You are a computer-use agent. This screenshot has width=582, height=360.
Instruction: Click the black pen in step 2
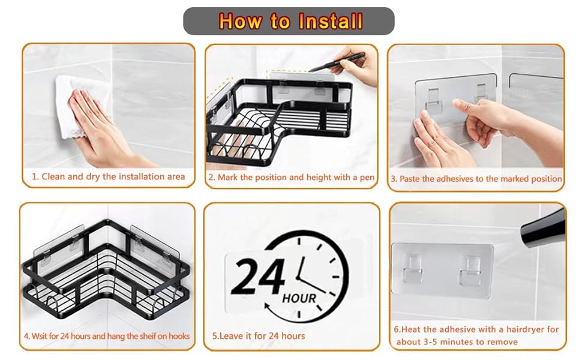click(x=337, y=62)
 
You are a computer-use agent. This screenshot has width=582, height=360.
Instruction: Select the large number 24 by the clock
click(x=258, y=277)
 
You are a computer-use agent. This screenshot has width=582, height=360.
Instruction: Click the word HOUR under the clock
click(x=299, y=298)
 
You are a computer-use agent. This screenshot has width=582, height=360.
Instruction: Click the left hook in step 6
click(x=413, y=269)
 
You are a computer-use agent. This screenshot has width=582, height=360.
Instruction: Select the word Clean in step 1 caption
click(x=53, y=176)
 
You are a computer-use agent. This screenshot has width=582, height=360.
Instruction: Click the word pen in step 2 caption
click(x=367, y=178)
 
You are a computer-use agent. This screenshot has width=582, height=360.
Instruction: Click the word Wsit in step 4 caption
click(x=40, y=336)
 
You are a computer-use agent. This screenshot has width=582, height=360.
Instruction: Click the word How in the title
click(x=239, y=21)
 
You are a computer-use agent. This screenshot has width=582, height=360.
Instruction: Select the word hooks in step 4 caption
click(x=179, y=336)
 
